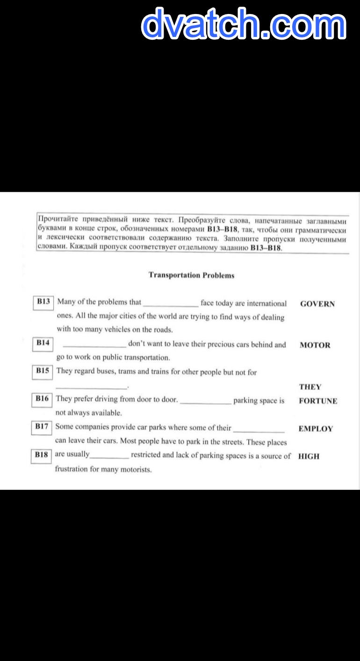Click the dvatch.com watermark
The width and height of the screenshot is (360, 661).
[x=244, y=23]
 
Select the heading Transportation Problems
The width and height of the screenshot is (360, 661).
[x=191, y=275]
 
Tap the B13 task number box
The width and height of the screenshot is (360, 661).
[x=43, y=302]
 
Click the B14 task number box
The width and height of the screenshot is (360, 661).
[x=43, y=344]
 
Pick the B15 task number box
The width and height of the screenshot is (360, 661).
[x=43, y=371]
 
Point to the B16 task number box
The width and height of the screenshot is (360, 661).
[x=42, y=399]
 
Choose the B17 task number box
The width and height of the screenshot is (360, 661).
[x=42, y=427]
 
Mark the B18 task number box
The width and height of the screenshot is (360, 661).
[x=41, y=455]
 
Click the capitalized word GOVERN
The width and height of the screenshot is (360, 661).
[x=317, y=304]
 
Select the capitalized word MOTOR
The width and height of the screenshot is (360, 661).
[x=315, y=345]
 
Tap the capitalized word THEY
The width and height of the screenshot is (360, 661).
[x=310, y=387]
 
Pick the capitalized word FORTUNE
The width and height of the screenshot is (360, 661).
[x=318, y=401]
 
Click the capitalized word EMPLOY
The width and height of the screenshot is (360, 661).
[x=316, y=429]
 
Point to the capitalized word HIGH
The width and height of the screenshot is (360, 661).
[x=309, y=456]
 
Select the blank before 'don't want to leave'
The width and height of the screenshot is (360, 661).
[x=94, y=345]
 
